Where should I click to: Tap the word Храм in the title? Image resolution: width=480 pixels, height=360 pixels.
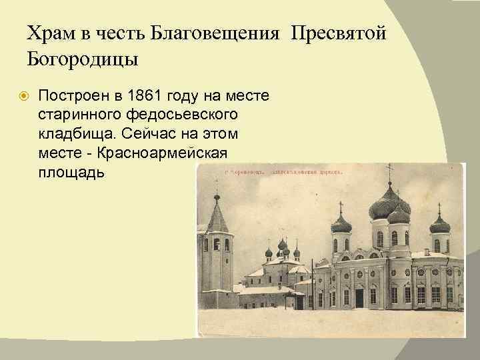tap(51, 33)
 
